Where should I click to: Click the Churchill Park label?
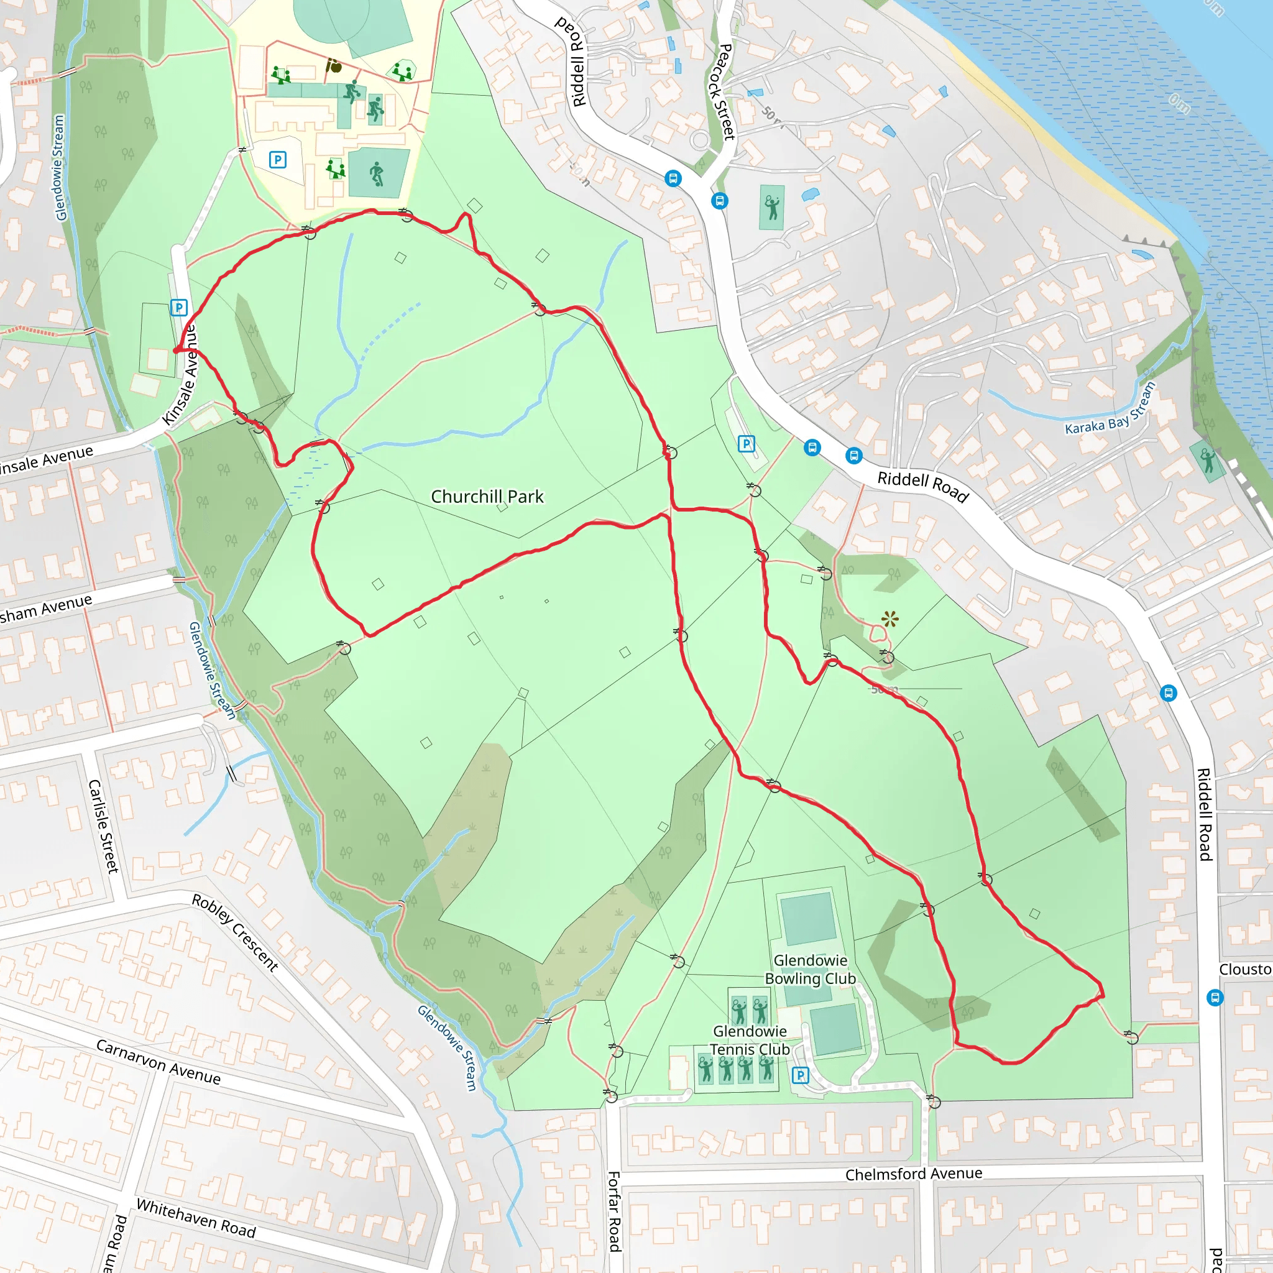click(x=487, y=497)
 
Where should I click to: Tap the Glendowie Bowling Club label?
click(x=810, y=969)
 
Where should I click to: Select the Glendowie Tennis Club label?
click(x=750, y=1041)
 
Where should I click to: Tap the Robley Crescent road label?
click(x=235, y=932)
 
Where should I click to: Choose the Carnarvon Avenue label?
click(x=158, y=1062)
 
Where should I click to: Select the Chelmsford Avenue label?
click(x=913, y=1174)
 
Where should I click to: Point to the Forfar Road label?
click(x=614, y=1211)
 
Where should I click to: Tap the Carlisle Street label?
click(x=103, y=826)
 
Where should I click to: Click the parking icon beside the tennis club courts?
click(x=800, y=1075)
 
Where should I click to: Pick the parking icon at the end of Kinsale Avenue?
click(x=178, y=308)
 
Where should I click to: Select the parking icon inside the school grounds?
click(x=277, y=160)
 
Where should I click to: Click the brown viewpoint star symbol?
click(x=889, y=618)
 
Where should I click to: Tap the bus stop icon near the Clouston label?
click(x=1215, y=998)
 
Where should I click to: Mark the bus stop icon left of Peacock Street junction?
click(x=673, y=178)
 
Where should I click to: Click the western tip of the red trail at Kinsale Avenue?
click(x=175, y=351)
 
